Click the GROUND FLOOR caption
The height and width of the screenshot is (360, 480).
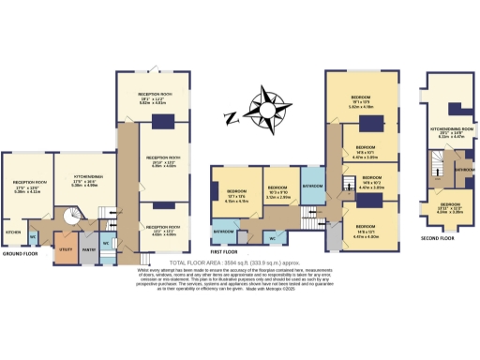click(20, 253)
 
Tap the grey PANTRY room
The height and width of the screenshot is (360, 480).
click(89, 249)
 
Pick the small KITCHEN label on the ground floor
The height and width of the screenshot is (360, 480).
click(14, 232)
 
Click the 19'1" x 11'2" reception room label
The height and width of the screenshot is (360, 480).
click(158, 101)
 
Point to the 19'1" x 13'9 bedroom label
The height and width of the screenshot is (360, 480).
click(362, 101)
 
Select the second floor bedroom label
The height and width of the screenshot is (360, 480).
click(451, 206)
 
